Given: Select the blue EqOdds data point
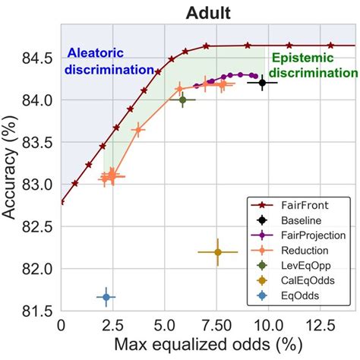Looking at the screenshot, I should coord(106,297).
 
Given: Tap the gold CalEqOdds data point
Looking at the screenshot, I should coord(217,252).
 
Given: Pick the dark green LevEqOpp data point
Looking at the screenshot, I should coord(182,99).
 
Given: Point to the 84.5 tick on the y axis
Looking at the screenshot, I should coord(39,58).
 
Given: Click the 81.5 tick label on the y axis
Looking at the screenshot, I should coord(39,311).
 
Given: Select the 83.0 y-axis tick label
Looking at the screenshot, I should coord(39,185).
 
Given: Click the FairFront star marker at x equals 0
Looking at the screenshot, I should coord(61,202).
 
